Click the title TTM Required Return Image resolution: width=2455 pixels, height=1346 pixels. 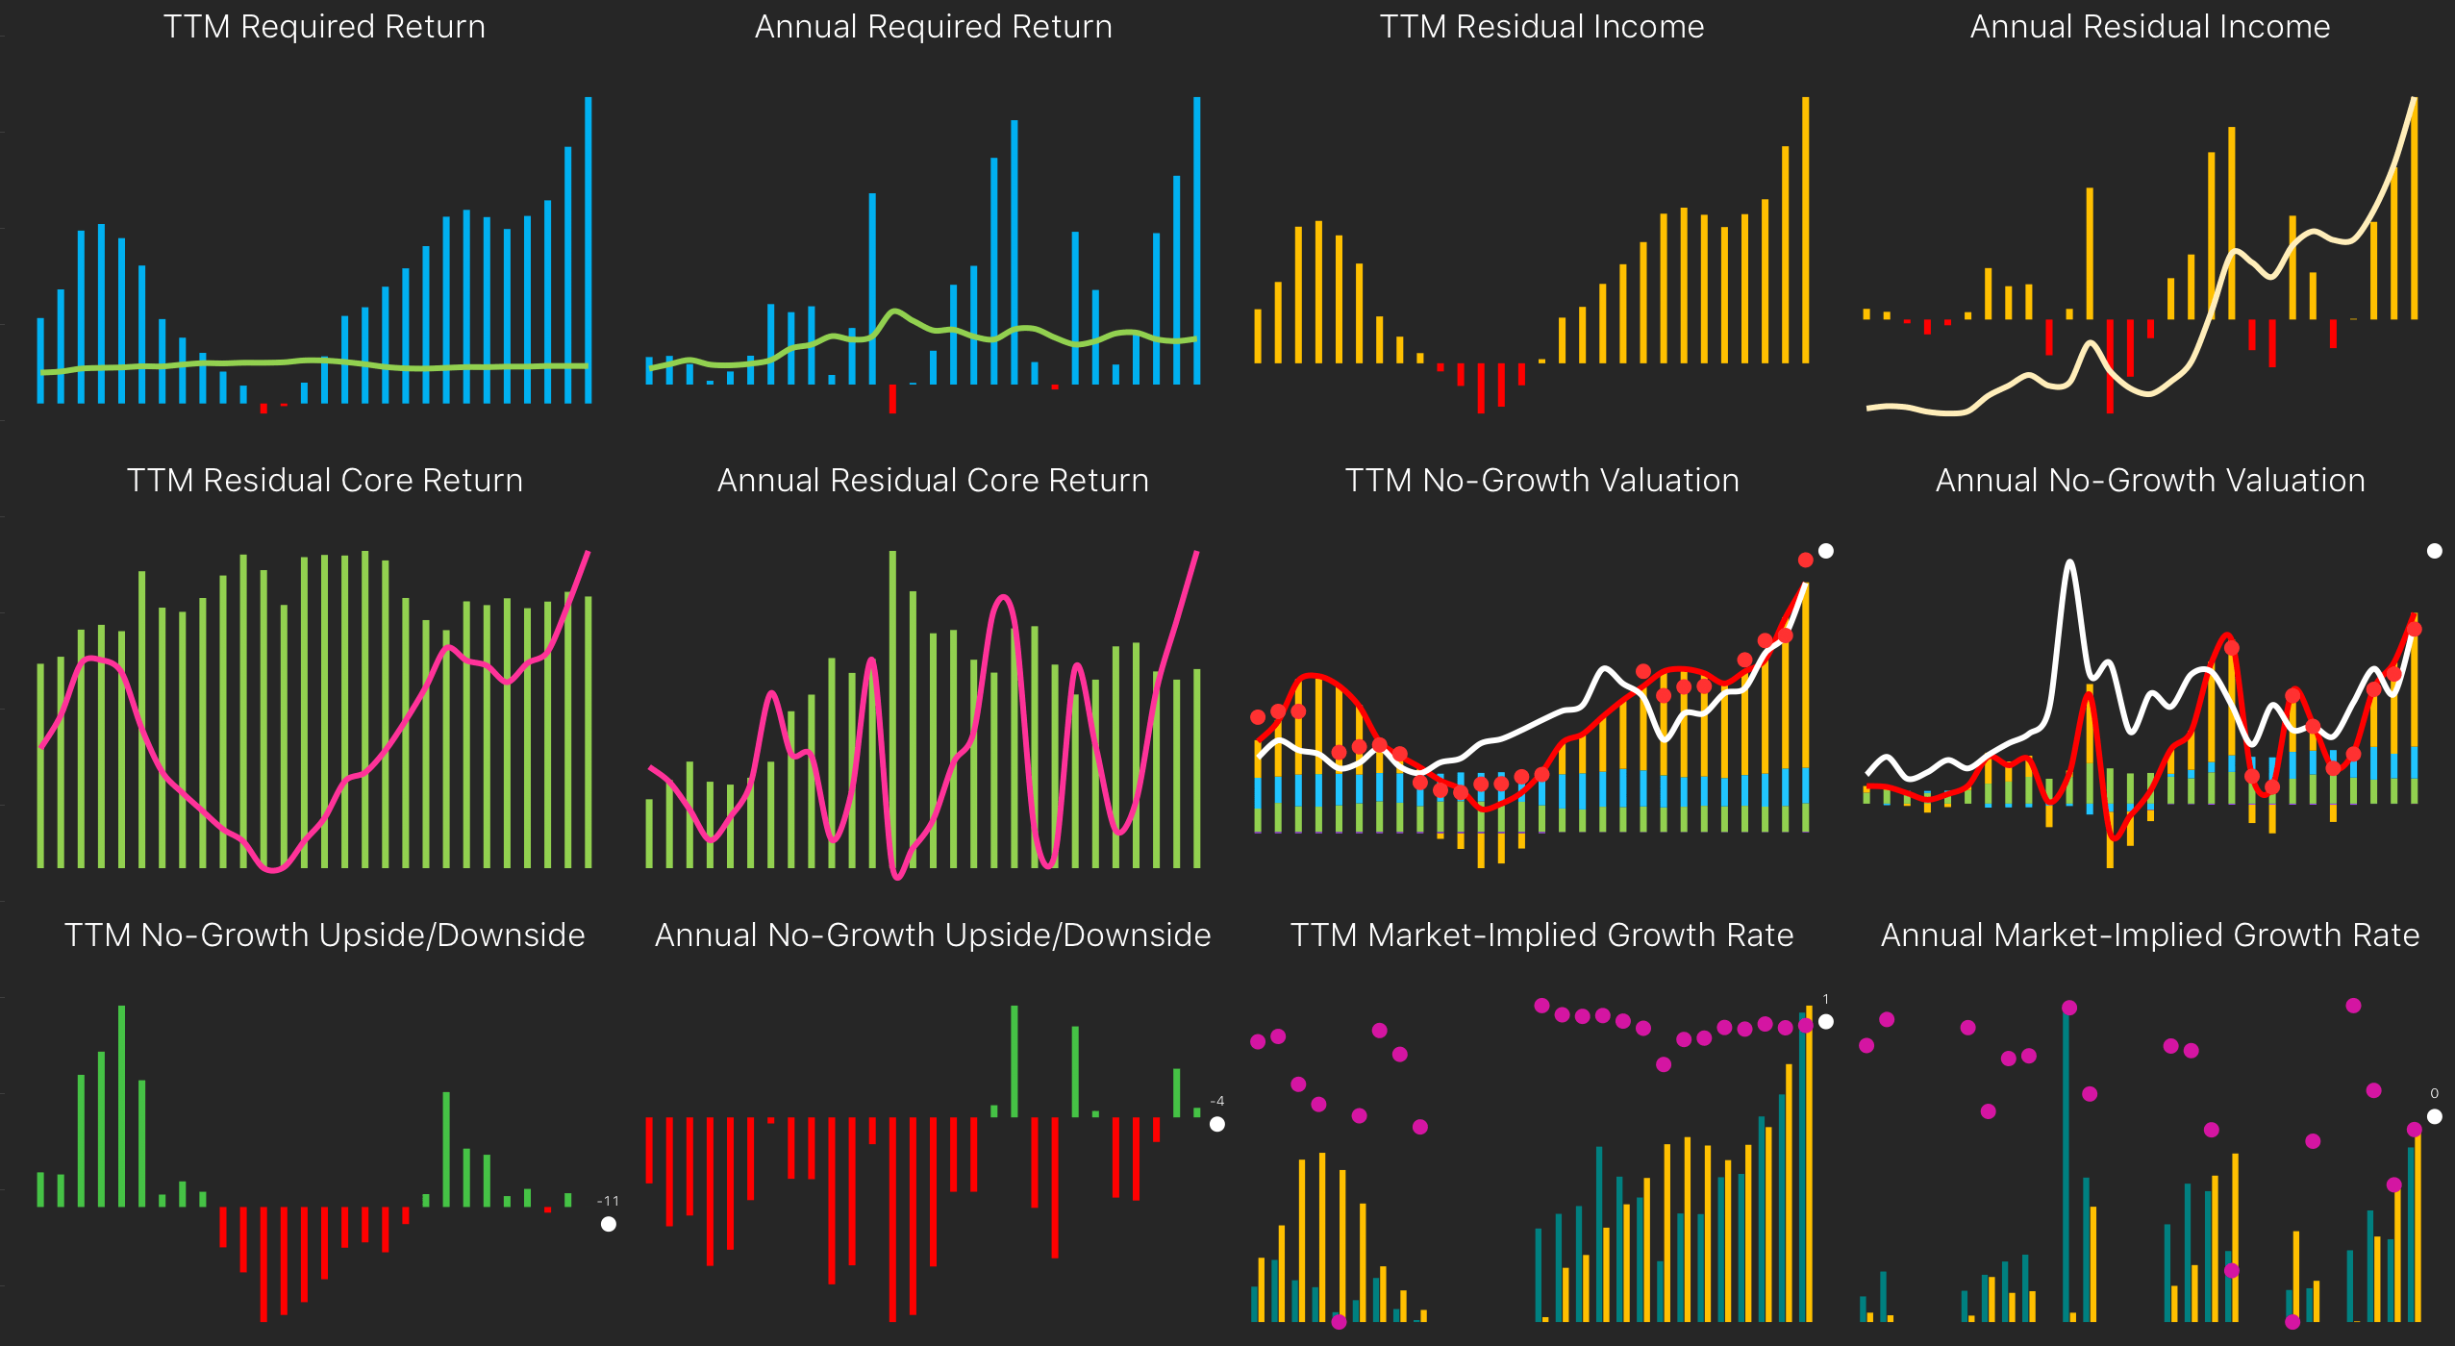pyautogui.click(x=324, y=27)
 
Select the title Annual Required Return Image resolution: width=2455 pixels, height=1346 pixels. pyautogui.click(x=933, y=27)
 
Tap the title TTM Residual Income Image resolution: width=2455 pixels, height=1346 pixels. pyautogui.click(x=1541, y=27)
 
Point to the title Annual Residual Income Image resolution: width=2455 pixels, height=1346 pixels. pyautogui.click(x=2150, y=27)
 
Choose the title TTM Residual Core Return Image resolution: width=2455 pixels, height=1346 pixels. pyautogui.click(x=324, y=481)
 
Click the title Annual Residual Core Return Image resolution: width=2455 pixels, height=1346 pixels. pyautogui.click(x=933, y=481)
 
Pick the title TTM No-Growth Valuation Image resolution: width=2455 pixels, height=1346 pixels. pyautogui.click(x=1541, y=481)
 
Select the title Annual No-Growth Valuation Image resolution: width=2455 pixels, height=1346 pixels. pyautogui.click(x=2150, y=481)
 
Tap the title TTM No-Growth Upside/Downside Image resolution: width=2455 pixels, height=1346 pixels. pyautogui.click(x=324, y=935)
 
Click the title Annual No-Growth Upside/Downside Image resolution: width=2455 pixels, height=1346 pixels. pyautogui.click(x=933, y=935)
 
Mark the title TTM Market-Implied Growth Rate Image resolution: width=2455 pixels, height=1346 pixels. pyautogui.click(x=1541, y=935)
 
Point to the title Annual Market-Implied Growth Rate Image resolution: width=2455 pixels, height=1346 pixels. pyautogui.click(x=2150, y=935)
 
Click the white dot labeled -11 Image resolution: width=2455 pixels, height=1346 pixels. pyautogui.click(x=609, y=1224)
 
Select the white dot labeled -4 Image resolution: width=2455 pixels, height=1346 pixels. pyautogui.click(x=1217, y=1124)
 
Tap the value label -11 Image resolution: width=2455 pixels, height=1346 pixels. pyautogui.click(x=608, y=1201)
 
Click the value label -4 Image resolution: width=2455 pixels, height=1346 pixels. pyautogui.click(x=1217, y=1102)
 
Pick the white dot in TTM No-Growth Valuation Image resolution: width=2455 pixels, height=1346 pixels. pyautogui.click(x=1826, y=551)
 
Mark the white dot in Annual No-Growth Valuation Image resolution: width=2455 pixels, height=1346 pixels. pyautogui.click(x=2435, y=551)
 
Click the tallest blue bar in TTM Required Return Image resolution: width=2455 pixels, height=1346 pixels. pyautogui.click(x=589, y=250)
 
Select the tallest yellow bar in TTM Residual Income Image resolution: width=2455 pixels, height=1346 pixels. pyautogui.click(x=1806, y=231)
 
